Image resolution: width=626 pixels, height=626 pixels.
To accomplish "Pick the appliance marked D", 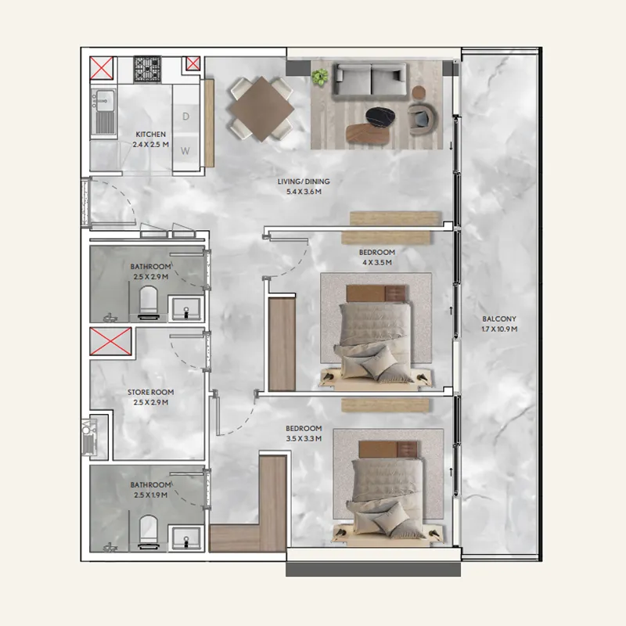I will [186, 116].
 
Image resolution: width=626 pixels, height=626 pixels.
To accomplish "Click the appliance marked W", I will [186, 149].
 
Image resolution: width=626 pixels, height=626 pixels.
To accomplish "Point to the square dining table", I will [261, 110].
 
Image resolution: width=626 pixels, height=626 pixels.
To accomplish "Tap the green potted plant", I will [319, 77].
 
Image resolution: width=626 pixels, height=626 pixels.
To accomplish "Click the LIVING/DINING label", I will [304, 186].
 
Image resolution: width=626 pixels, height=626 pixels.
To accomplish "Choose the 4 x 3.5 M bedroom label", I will [377, 257].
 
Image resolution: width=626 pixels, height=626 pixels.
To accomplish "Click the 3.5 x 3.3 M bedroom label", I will [304, 434].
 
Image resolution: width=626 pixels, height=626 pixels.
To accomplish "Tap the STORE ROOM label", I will [150, 398].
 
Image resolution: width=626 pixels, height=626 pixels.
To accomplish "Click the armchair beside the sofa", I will [423, 117].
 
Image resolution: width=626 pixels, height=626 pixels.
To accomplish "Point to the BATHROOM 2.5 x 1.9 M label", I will [150, 490].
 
